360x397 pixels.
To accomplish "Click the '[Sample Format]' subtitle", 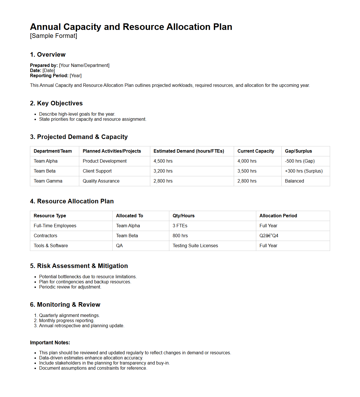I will pyautogui.click(x=54, y=36).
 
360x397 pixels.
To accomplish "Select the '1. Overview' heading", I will pyautogui.click(x=48, y=55).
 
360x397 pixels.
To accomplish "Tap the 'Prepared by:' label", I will pyautogui.click(x=44, y=66).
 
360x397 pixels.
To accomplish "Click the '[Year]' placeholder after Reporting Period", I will pyautogui.click(x=76, y=76).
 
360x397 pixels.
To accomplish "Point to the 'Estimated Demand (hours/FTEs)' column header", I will pyautogui.click(x=189, y=151).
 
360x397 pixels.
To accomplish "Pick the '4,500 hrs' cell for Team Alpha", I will pyautogui.click(x=163, y=161).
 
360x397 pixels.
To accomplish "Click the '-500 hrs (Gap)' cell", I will pyautogui.click(x=300, y=161).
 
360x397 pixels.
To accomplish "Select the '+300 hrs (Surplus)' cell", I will pyautogui.click(x=304, y=171).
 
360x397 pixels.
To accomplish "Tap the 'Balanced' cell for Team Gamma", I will pyautogui.click(x=294, y=181).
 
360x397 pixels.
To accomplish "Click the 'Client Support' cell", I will pyautogui.click(x=97, y=171).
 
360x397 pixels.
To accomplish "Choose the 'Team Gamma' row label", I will pyautogui.click(x=48, y=181).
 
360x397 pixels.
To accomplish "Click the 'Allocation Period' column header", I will pyautogui.click(x=278, y=216).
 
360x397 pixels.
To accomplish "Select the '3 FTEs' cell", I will pyautogui.click(x=180, y=226).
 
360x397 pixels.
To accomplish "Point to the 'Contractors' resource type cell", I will pyautogui.click(x=45, y=236).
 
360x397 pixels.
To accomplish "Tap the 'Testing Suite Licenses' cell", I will pyautogui.click(x=195, y=246).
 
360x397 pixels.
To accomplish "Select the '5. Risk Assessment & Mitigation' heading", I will pyautogui.click(x=79, y=266).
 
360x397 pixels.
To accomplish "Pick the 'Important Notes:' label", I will pyautogui.click(x=50, y=343).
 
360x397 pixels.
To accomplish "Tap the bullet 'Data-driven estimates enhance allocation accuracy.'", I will pyautogui.click(x=91, y=358).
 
